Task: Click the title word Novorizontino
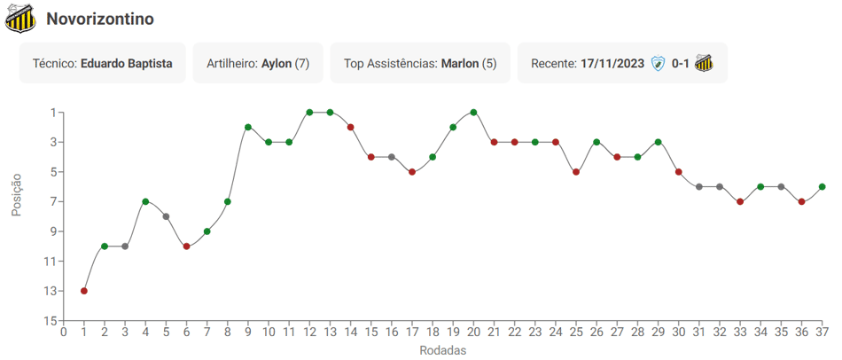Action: [x=100, y=20]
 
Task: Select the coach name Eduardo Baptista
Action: [x=127, y=64]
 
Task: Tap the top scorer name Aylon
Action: [x=277, y=64]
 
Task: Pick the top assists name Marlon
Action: [x=460, y=64]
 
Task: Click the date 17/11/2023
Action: [x=612, y=64]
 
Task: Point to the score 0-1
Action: [x=681, y=64]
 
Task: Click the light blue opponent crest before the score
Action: [x=658, y=64]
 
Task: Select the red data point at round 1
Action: [x=84, y=291]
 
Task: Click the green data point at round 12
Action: [x=309, y=113]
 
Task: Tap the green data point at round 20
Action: [x=473, y=113]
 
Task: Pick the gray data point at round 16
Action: [x=392, y=157]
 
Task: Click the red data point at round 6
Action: [x=186, y=247]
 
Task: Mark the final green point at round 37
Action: [x=823, y=186]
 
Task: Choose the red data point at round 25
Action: [x=575, y=172]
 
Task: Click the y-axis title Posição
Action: [x=17, y=194]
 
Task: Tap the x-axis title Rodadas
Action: [x=442, y=350]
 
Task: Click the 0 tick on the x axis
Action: [x=63, y=332]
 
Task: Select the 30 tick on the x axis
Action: [x=678, y=332]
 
